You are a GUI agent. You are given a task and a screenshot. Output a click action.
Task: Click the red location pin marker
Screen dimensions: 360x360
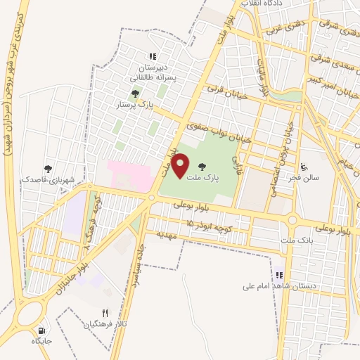(x=181, y=165)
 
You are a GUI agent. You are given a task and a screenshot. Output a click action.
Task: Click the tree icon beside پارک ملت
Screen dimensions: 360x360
(x=202, y=167)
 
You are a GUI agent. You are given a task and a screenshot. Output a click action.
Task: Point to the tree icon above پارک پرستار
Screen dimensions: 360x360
(x=135, y=93)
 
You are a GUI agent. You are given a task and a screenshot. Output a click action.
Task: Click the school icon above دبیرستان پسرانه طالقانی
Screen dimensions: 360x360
(x=153, y=57)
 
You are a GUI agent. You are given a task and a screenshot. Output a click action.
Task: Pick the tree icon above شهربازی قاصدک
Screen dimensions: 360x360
(x=48, y=168)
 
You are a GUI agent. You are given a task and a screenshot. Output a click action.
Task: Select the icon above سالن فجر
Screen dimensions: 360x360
(x=303, y=167)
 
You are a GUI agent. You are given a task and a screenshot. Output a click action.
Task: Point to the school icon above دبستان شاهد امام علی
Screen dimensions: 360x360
(x=279, y=275)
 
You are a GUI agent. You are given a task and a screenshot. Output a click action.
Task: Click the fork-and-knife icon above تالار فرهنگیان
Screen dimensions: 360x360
(x=105, y=313)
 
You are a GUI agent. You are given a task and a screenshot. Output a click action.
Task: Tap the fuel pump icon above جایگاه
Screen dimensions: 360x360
(x=41, y=329)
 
